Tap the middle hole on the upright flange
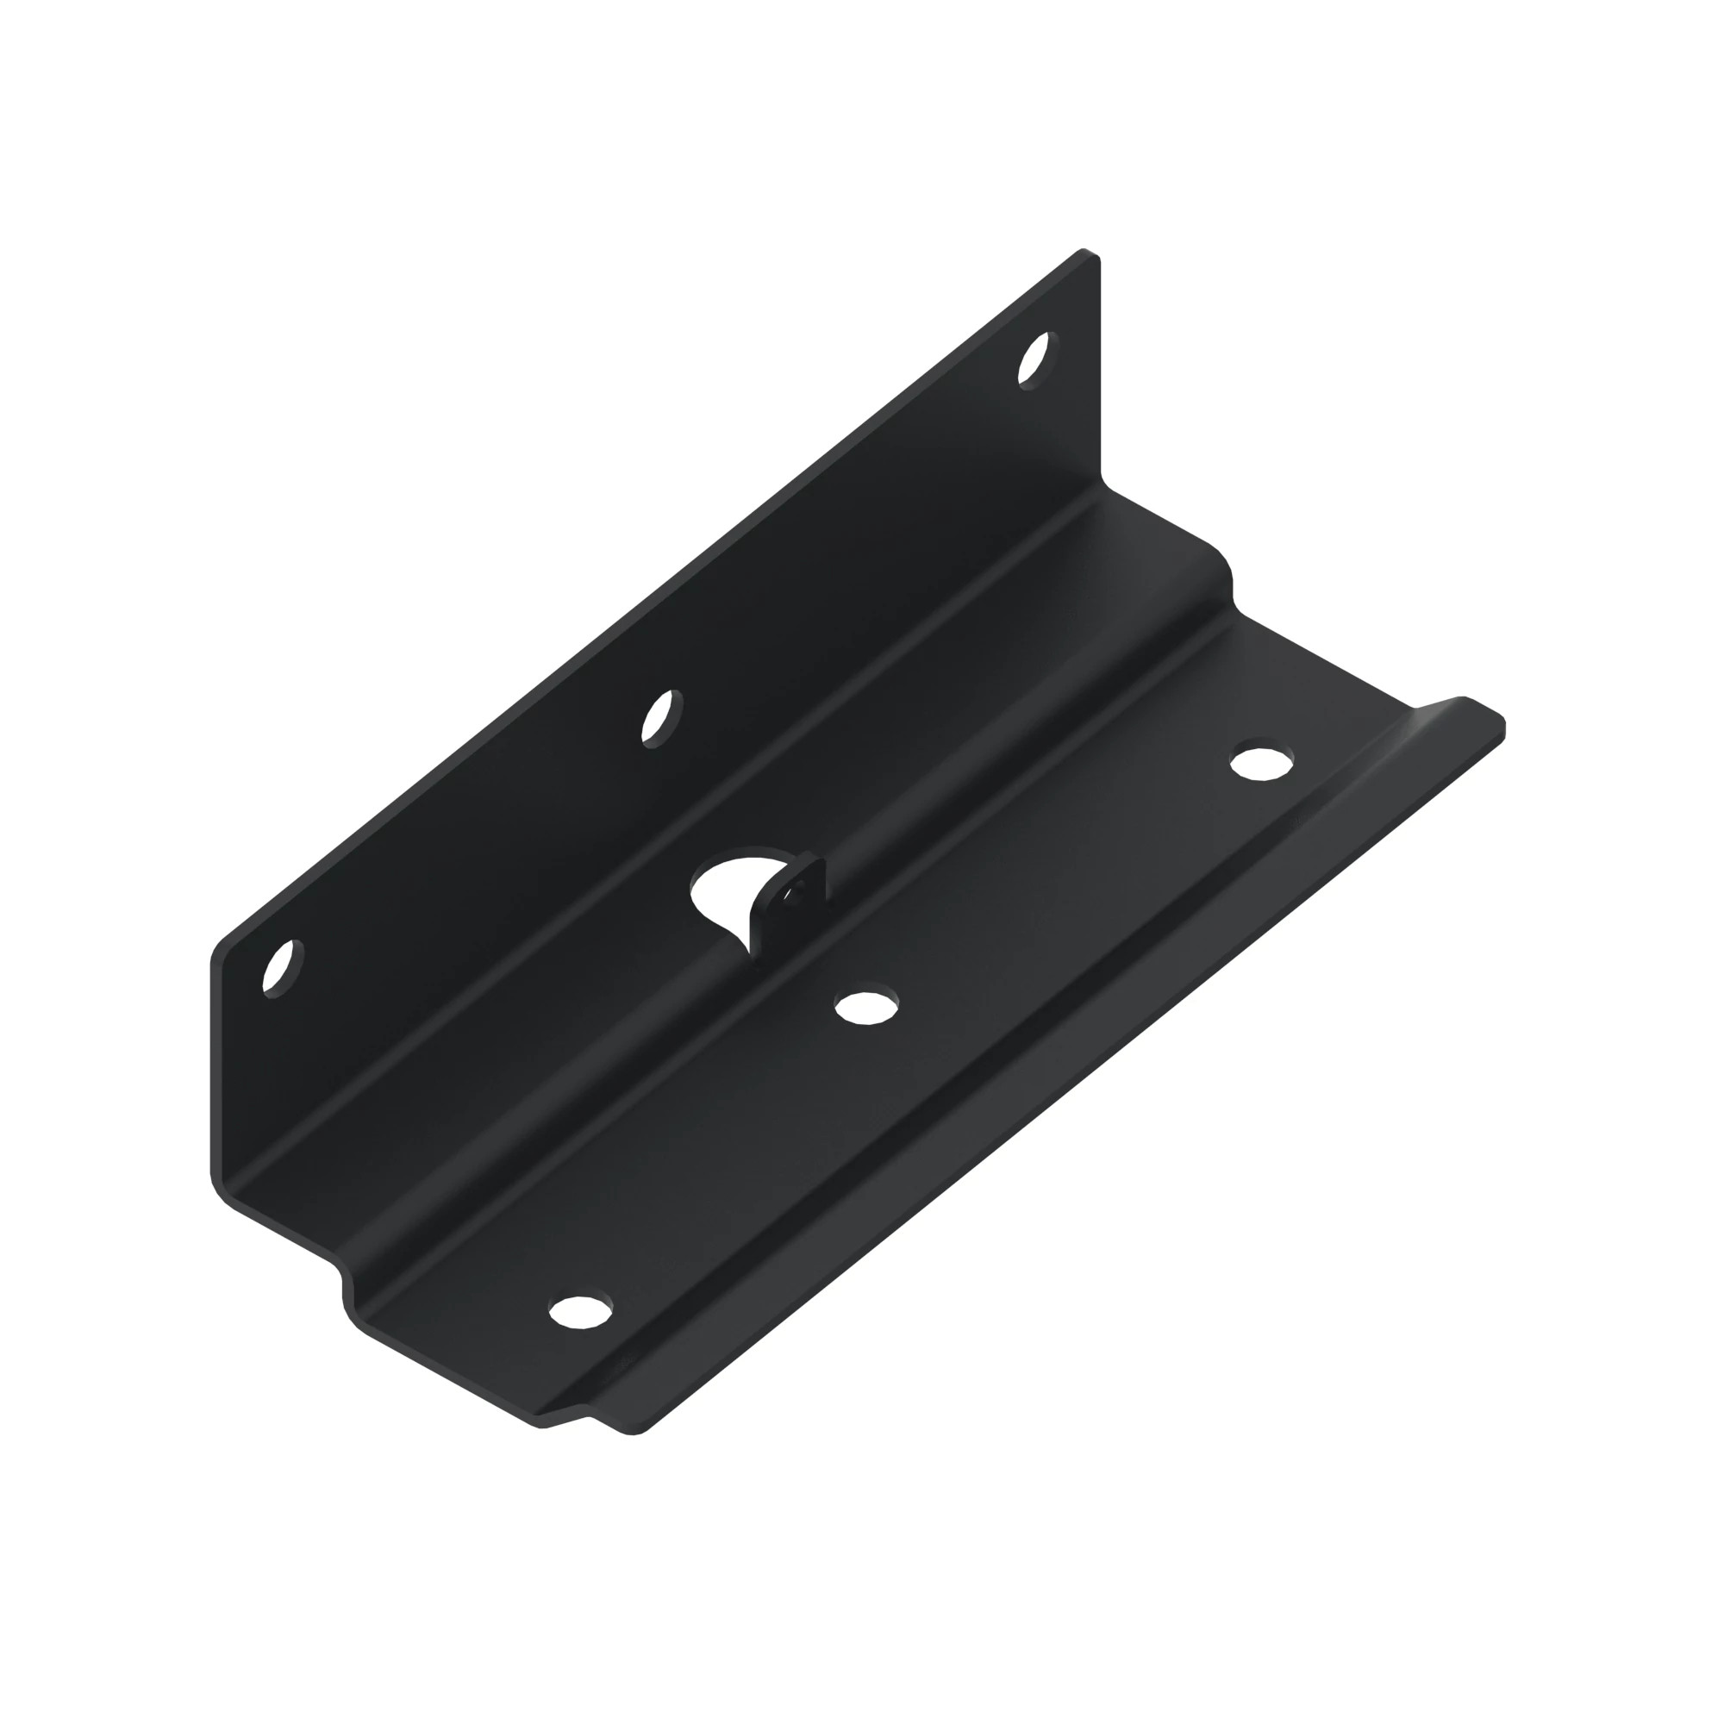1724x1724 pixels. [661, 717]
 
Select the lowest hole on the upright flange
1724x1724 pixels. [282, 968]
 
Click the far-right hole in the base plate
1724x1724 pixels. [1261, 763]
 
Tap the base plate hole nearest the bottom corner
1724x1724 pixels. [580, 1310]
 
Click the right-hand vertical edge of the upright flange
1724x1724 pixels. [1098, 375]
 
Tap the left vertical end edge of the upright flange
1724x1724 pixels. [213, 1071]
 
